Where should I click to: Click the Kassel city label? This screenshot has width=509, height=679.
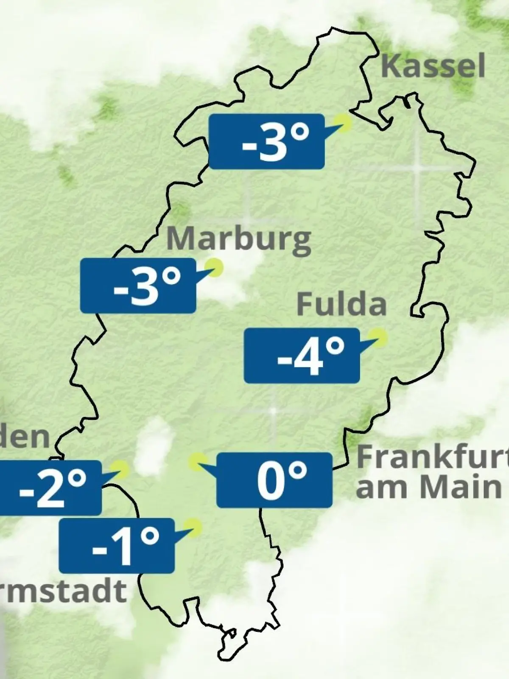pyautogui.click(x=433, y=67)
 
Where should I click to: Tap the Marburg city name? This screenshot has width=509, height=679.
pyautogui.click(x=239, y=240)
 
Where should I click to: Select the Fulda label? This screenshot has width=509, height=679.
pyautogui.click(x=341, y=304)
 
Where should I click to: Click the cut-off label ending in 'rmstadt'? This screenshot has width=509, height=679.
pyautogui.click(x=64, y=591)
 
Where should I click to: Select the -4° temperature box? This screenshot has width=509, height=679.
pyautogui.click(x=302, y=356)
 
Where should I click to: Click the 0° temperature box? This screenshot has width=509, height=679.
pyautogui.click(x=274, y=480)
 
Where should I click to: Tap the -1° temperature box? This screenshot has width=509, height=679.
pyautogui.click(x=117, y=545)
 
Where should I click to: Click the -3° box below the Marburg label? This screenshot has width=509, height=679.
pyautogui.click(x=138, y=286)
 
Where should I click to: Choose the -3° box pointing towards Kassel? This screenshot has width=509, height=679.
pyautogui.click(x=267, y=141)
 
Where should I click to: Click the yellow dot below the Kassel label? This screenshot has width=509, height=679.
pyautogui.click(x=342, y=123)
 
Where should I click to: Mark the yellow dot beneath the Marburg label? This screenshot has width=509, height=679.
pyautogui.click(x=214, y=267)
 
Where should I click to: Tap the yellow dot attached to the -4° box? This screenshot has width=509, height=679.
pyautogui.click(x=378, y=337)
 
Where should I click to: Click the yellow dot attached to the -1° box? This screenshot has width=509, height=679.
pyautogui.click(x=193, y=526)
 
